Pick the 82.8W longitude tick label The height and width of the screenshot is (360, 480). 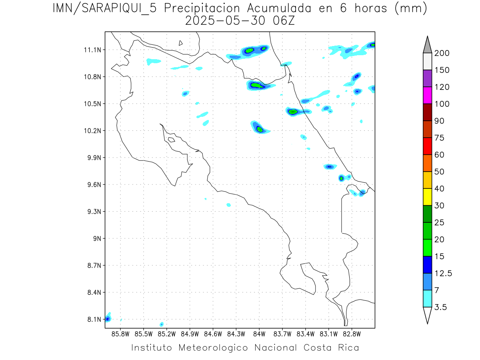coord(352,333)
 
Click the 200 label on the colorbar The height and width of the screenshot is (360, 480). coord(442,53)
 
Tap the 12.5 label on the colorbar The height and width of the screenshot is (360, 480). coord(443,274)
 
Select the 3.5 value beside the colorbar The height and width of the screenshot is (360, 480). coord(441,307)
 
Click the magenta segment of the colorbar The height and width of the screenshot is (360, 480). coord(427,95)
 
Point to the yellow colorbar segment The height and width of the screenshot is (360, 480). coord(427,197)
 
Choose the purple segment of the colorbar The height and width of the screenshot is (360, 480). coord(427,78)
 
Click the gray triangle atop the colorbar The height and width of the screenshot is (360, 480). coord(427,45)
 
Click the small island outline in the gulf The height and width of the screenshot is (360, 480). coord(171,140)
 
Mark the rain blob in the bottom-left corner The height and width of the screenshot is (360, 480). coord(108,319)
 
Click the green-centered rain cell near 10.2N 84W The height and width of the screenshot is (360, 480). coord(260,128)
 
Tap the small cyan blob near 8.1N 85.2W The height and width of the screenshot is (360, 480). coord(162,324)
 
